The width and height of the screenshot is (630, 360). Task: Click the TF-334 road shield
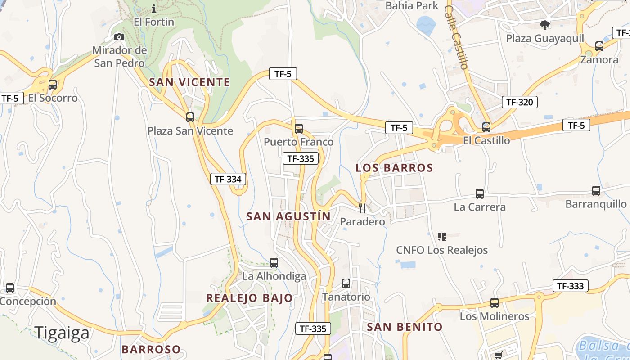click(x=228, y=179)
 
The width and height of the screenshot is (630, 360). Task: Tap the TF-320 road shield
click(x=519, y=102)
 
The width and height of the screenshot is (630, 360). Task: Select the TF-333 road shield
click(x=570, y=286)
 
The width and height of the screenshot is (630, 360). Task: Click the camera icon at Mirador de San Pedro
click(x=119, y=37)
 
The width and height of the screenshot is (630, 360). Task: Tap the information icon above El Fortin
click(x=154, y=9)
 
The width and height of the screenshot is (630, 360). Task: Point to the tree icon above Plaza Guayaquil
click(x=545, y=25)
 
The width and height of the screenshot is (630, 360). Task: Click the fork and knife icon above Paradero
click(x=362, y=208)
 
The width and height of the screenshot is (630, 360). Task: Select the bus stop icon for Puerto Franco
click(x=298, y=129)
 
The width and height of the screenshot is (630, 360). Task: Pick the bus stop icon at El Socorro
click(x=53, y=84)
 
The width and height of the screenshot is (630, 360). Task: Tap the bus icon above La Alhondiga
click(x=274, y=263)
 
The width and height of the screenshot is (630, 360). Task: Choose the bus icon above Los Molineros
click(x=494, y=303)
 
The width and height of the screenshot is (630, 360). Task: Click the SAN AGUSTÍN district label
click(x=288, y=216)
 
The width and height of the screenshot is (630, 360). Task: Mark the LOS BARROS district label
click(x=394, y=168)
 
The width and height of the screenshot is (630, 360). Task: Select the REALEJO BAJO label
click(x=249, y=298)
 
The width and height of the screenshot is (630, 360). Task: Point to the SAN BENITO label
click(x=405, y=327)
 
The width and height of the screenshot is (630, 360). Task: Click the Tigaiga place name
click(x=63, y=333)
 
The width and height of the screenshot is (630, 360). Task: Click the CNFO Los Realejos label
click(x=442, y=250)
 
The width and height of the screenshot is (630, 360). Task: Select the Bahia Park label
click(x=412, y=6)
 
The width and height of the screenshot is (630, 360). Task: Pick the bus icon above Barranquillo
click(x=596, y=191)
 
